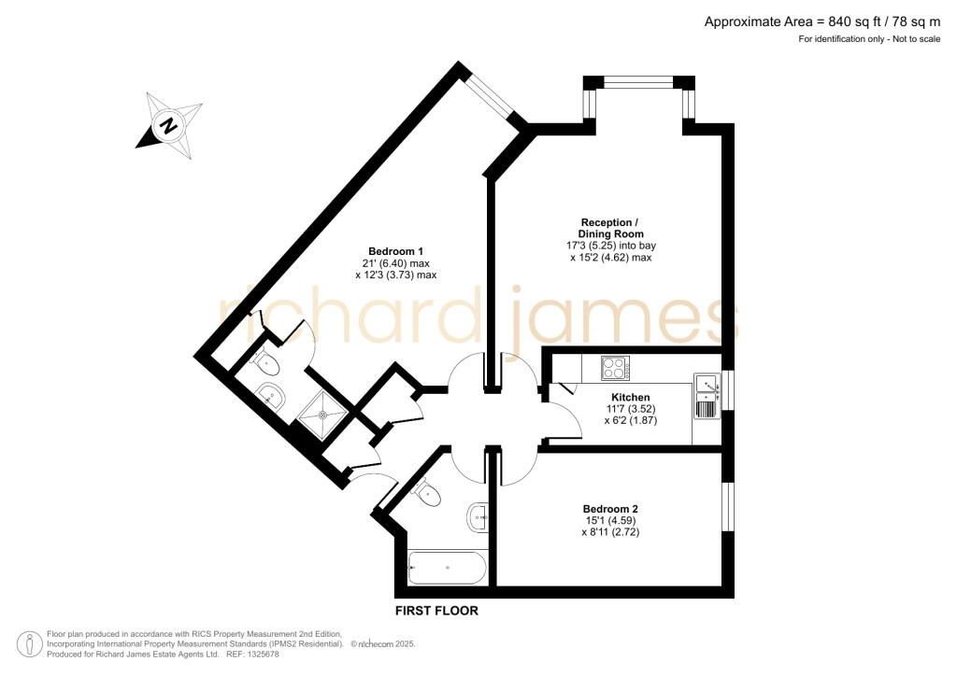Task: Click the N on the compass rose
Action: [x=168, y=124]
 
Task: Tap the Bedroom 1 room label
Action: [x=396, y=251]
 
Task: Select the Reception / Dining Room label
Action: [x=611, y=228]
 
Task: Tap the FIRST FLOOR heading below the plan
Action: [x=436, y=612]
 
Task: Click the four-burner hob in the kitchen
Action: [x=614, y=369]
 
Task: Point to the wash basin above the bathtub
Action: [x=478, y=514]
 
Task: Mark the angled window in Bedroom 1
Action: [x=493, y=95]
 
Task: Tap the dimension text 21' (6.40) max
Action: [x=396, y=263]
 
